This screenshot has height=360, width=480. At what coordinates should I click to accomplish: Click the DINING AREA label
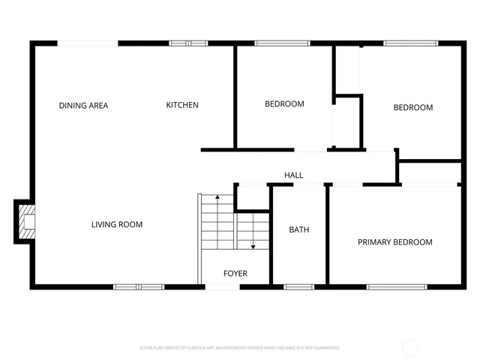tap(83, 106)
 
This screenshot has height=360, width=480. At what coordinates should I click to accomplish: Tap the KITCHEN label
tap(182, 105)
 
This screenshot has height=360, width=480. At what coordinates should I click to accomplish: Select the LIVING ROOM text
tap(117, 224)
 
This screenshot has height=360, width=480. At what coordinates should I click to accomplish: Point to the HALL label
tap(294, 175)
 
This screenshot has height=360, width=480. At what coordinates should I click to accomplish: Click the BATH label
tap(299, 229)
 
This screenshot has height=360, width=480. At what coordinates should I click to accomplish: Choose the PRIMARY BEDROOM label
tap(394, 242)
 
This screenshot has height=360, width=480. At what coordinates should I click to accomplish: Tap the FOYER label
tap(235, 274)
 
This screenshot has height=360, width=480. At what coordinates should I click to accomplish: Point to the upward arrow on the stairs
tap(217, 199)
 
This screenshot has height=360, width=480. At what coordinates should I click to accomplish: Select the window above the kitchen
tap(188, 43)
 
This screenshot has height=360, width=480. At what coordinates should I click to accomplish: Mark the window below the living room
tap(139, 286)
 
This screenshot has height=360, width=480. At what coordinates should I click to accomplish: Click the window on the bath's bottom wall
tap(299, 286)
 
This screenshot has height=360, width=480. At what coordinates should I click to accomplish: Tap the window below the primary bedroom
tap(397, 286)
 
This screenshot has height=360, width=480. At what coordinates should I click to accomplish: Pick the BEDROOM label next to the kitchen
tap(284, 104)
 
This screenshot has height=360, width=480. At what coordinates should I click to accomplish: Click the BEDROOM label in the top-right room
tap(413, 108)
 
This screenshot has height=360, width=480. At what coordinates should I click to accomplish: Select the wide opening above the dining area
tap(88, 43)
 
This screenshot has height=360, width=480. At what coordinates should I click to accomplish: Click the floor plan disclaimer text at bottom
tap(239, 348)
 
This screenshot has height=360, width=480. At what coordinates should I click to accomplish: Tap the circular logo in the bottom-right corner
tap(412, 347)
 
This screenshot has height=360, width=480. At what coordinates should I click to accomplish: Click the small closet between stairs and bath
tap(252, 196)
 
